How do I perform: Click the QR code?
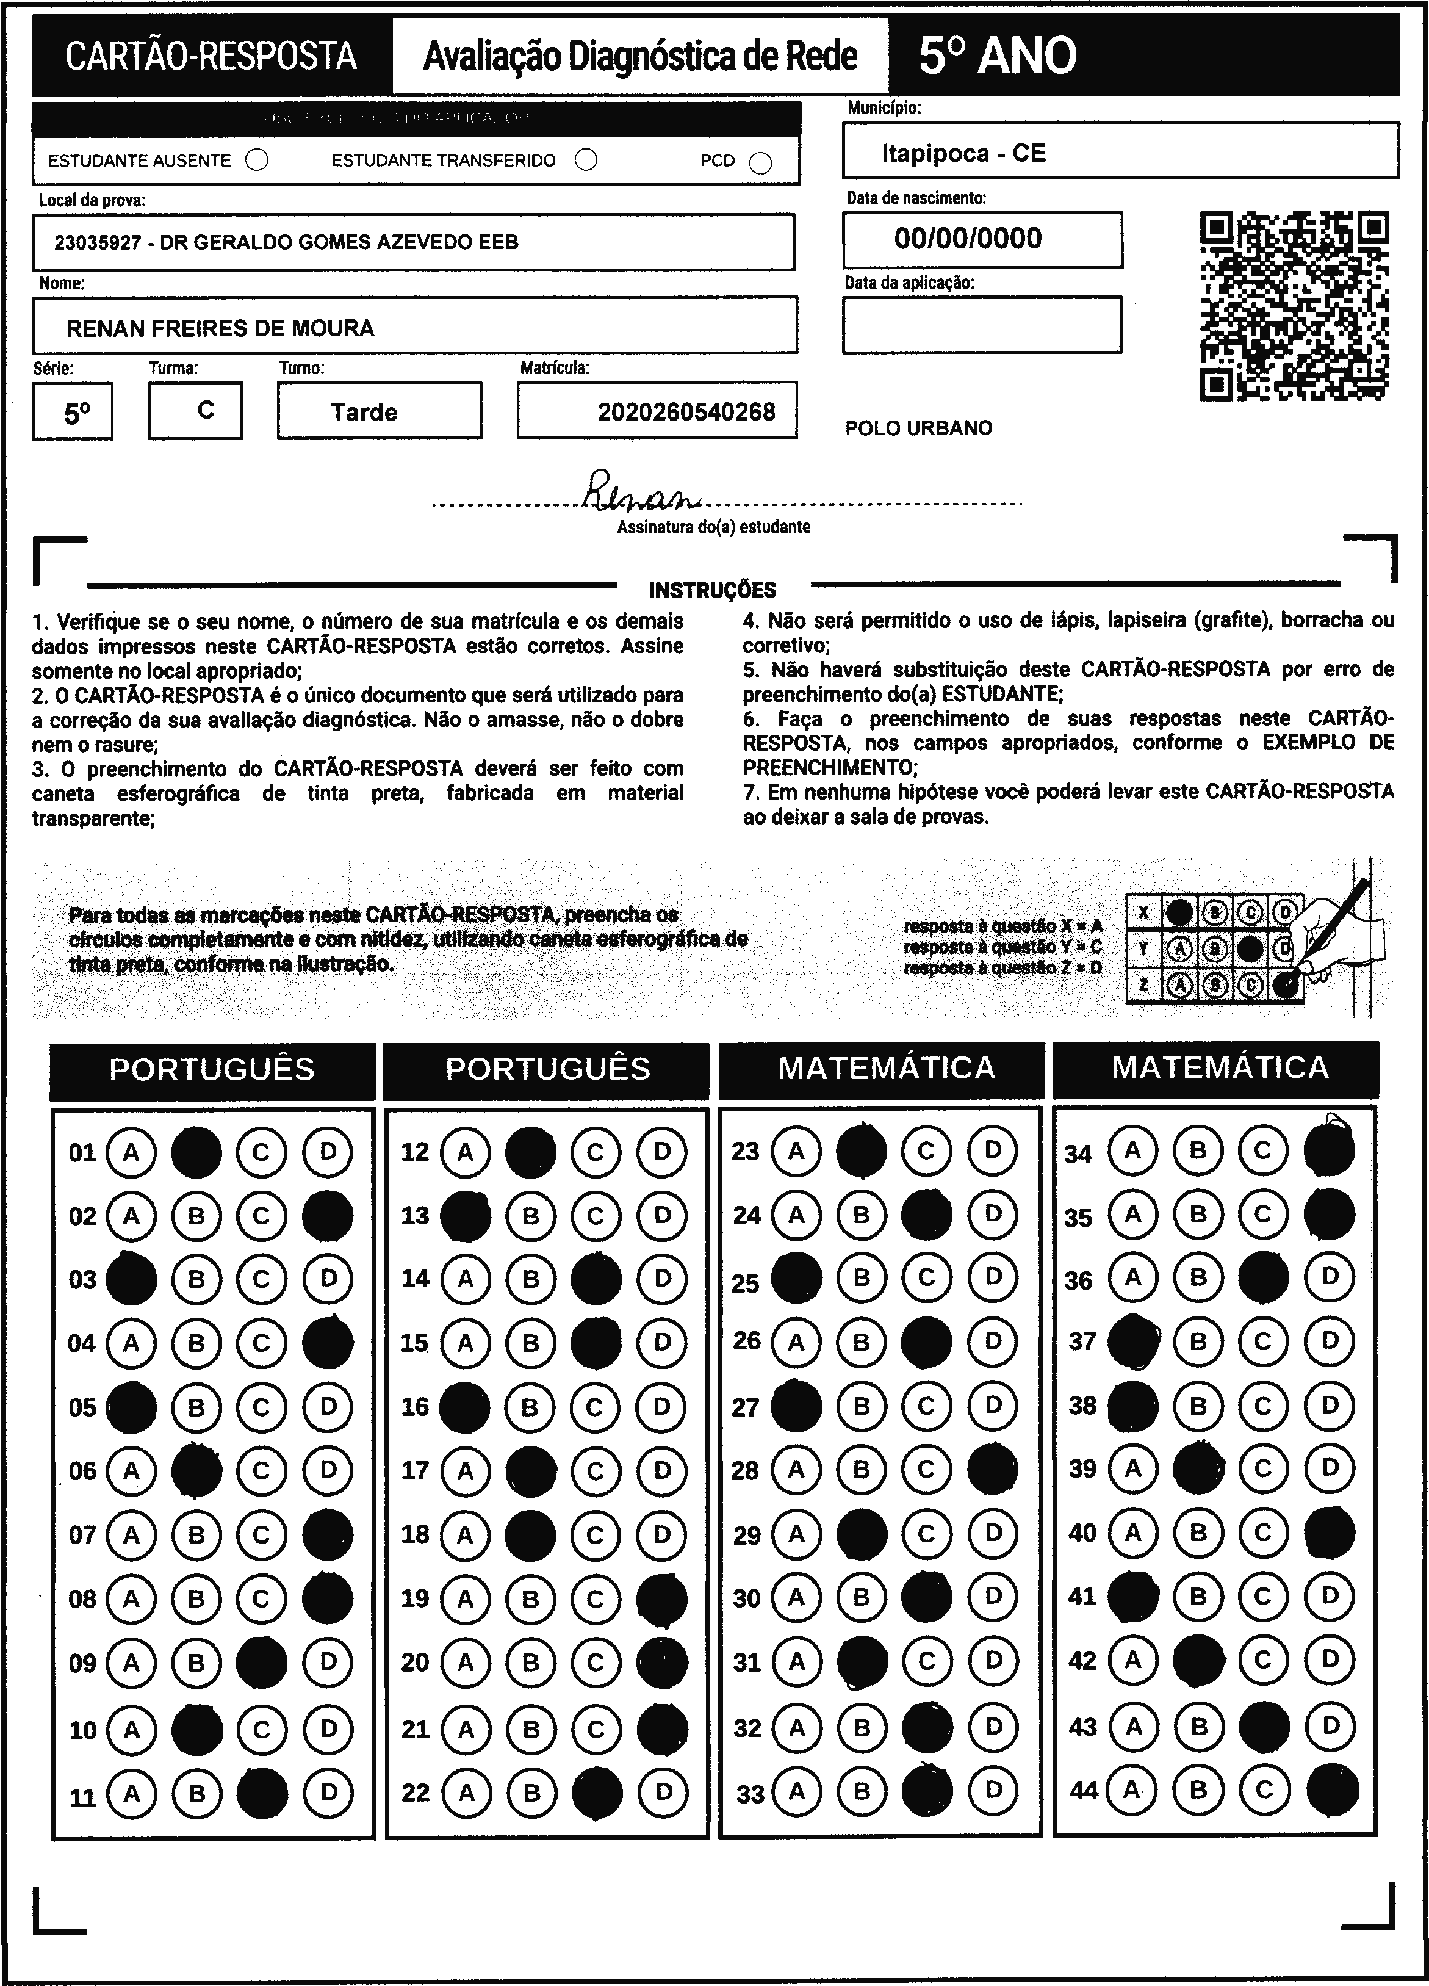click(1294, 306)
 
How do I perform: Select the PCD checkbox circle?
click(761, 163)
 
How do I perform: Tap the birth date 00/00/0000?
click(968, 238)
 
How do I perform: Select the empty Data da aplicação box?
click(982, 325)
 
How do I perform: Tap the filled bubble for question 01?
click(196, 1152)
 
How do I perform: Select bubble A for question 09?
click(131, 1663)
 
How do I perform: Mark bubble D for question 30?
click(992, 1597)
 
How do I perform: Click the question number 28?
click(745, 1471)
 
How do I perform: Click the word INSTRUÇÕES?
click(712, 590)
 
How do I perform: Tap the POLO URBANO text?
click(918, 428)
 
